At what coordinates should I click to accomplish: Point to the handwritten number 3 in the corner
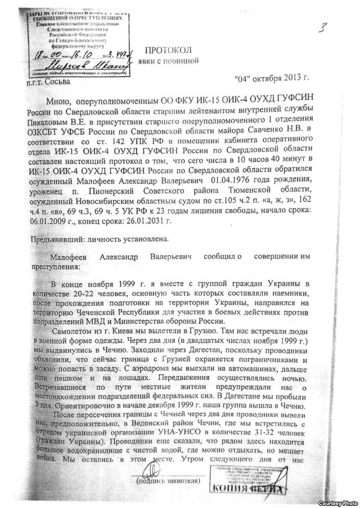click(x=322, y=28)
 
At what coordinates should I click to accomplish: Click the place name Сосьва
click(x=56, y=83)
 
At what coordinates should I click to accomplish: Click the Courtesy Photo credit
click(x=340, y=502)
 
